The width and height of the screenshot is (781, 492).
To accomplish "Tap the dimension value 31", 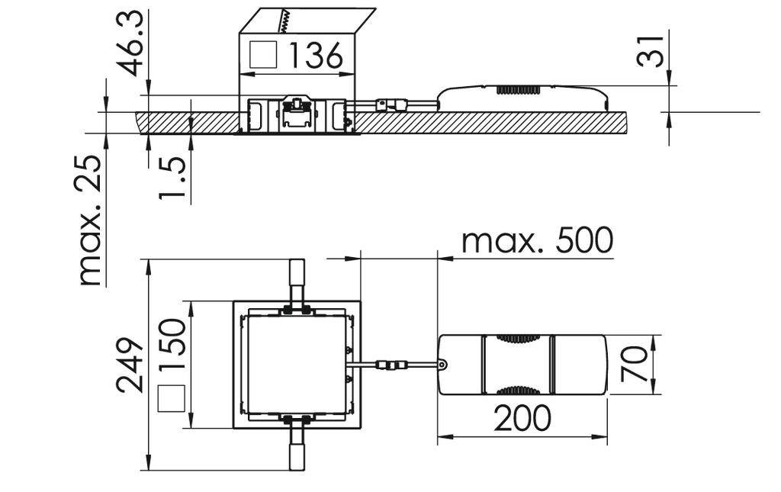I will [653, 51].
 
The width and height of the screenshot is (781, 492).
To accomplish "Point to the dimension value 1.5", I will [172, 178].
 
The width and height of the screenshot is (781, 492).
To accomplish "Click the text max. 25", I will [91, 220].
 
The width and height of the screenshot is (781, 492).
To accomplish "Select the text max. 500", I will [538, 241].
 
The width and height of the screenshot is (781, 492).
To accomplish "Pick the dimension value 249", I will [130, 364].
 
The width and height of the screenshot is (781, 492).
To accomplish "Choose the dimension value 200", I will [522, 419].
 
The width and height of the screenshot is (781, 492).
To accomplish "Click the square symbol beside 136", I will [263, 55].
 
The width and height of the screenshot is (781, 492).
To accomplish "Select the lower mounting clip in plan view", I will [296, 447].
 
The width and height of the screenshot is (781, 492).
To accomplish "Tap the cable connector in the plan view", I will [391, 365].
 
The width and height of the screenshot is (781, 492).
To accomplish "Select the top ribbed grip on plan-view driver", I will [516, 338].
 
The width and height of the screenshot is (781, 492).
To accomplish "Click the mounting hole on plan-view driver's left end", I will [443, 365].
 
